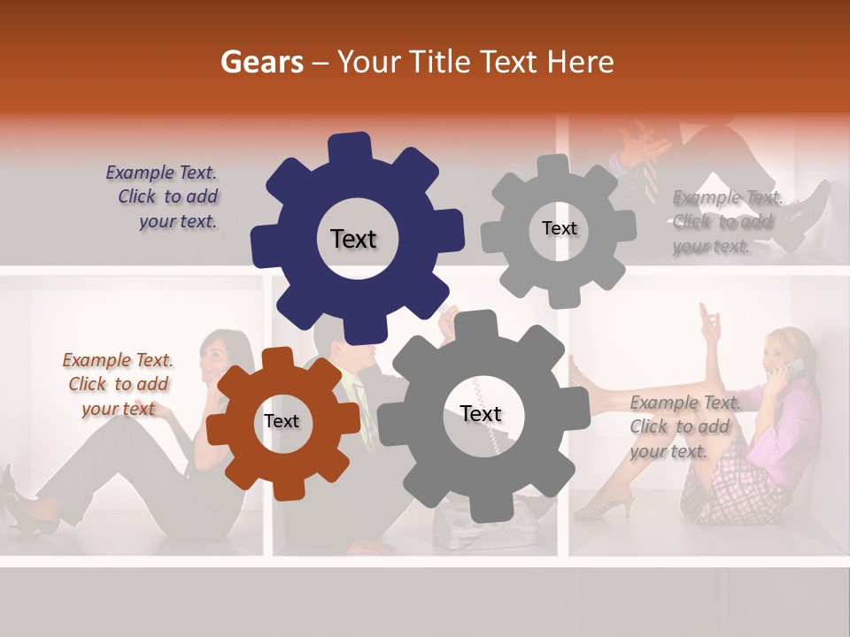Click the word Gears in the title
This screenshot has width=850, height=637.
tap(261, 62)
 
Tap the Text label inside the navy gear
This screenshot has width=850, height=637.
tap(353, 239)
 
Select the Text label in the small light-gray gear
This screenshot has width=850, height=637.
tap(559, 228)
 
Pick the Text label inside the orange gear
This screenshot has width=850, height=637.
tap(281, 421)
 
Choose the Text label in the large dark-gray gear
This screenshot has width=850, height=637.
tap(481, 414)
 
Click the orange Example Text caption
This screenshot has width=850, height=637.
tap(118, 384)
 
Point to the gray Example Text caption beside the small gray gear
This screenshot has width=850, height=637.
tap(726, 221)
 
